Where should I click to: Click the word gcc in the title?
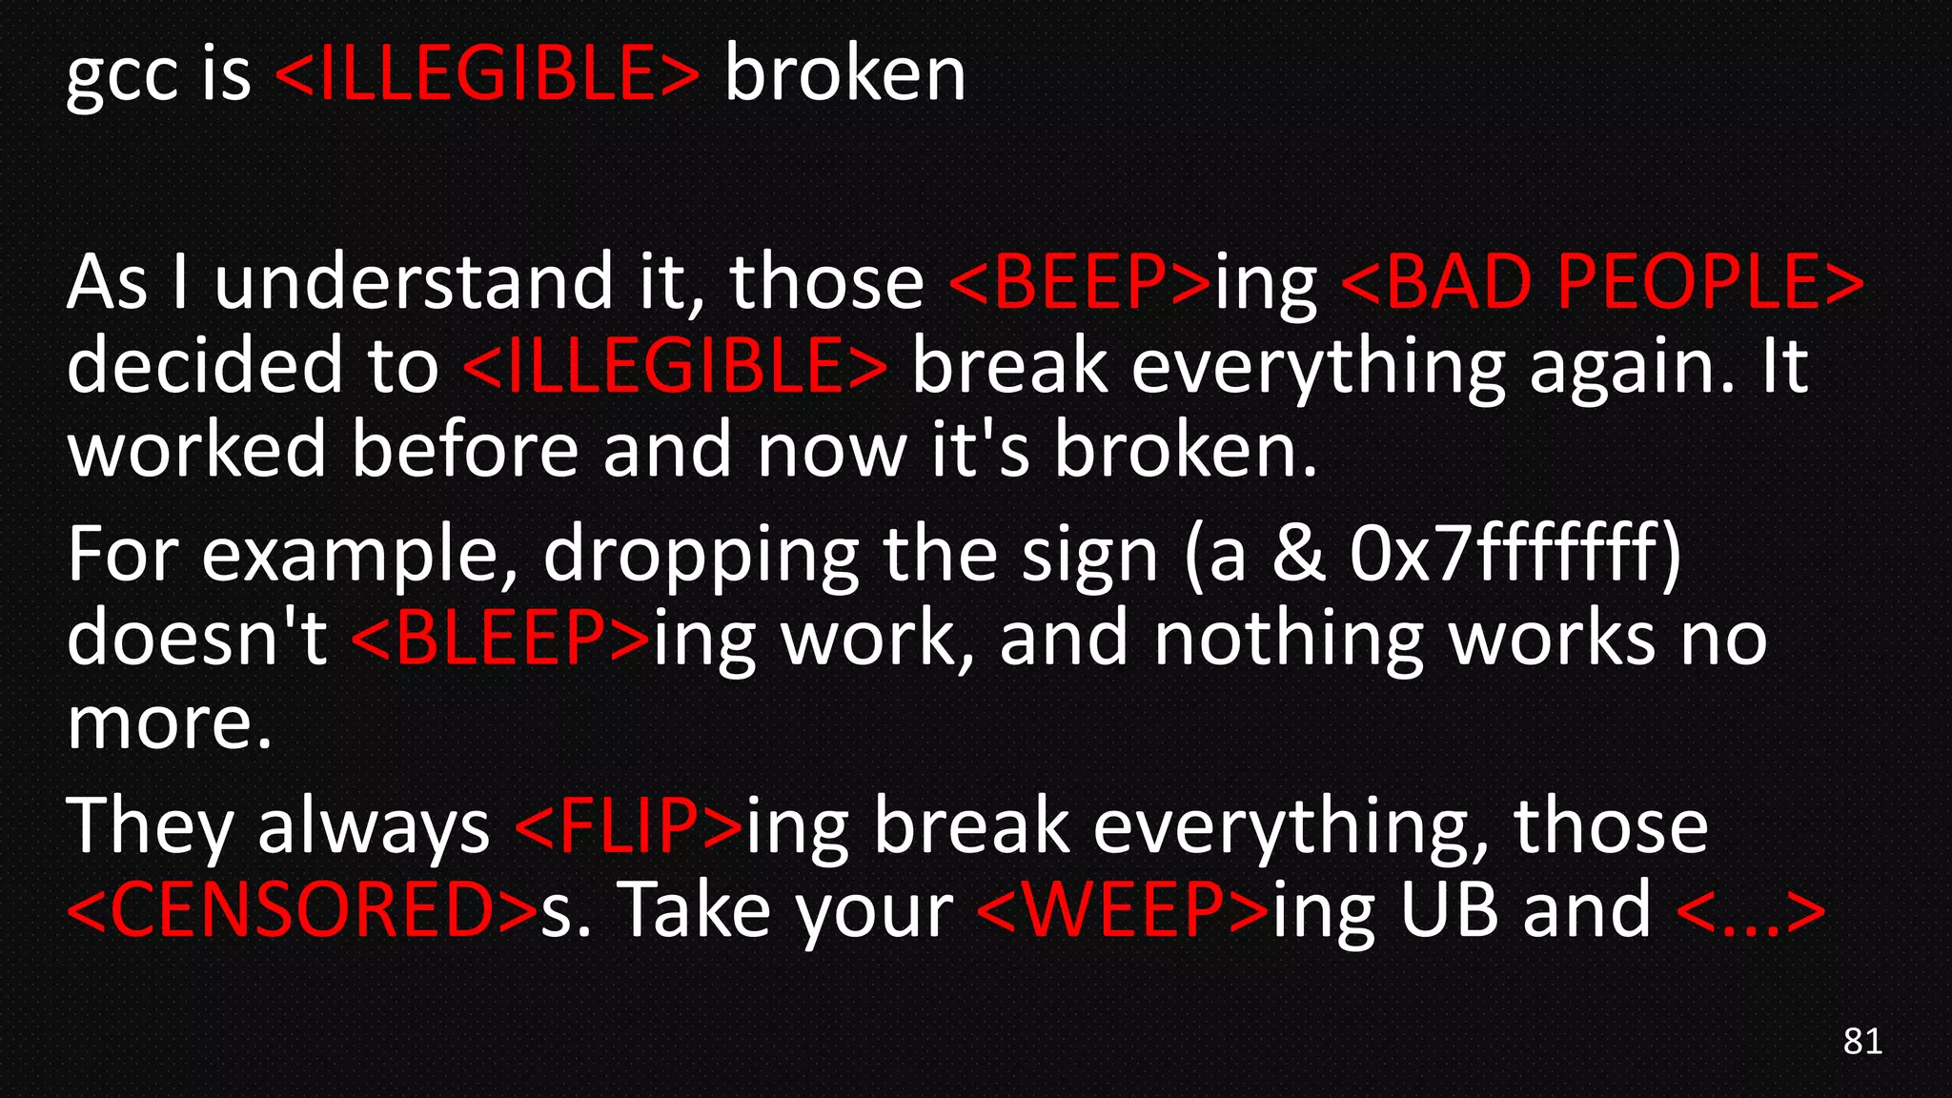(x=121, y=76)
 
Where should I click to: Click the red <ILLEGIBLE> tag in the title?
(x=487, y=74)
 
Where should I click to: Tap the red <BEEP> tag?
(x=1080, y=282)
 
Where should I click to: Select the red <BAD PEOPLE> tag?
(x=1602, y=282)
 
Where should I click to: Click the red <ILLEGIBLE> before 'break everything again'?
(x=675, y=366)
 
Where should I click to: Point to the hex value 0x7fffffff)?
(x=1515, y=555)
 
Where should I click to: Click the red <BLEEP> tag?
(x=501, y=638)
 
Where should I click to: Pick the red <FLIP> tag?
(x=629, y=825)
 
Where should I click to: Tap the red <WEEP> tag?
(x=1124, y=909)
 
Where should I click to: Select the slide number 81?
(x=1862, y=1041)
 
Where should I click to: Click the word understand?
(x=414, y=282)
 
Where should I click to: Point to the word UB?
(x=1449, y=909)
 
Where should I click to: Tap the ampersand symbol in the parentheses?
(x=1298, y=555)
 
